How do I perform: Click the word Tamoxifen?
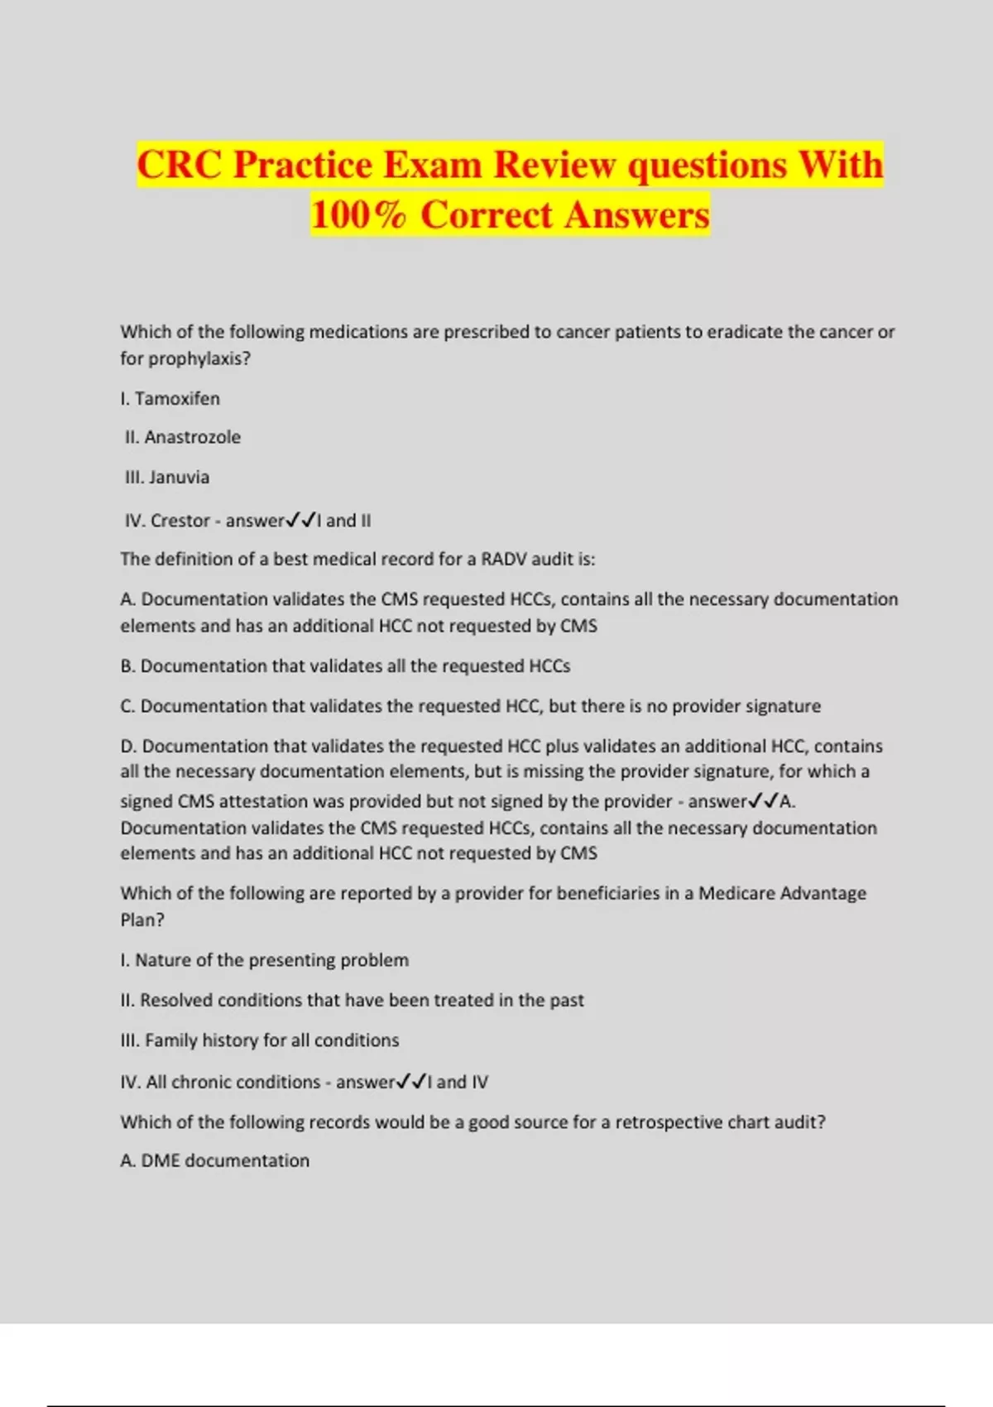pyautogui.click(x=177, y=399)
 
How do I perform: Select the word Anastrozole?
pyautogui.click(x=192, y=437)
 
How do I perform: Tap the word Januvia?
pyautogui.click(x=179, y=478)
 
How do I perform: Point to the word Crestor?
pyautogui.click(x=180, y=521)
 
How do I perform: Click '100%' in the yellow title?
pyautogui.click(x=359, y=214)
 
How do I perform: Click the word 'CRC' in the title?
pyautogui.click(x=180, y=164)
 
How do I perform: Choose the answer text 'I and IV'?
pyautogui.click(x=458, y=1082)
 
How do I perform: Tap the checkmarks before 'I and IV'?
pyautogui.click(x=412, y=1082)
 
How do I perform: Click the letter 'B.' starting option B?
pyautogui.click(x=128, y=666)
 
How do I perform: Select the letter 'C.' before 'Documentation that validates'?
pyautogui.click(x=128, y=706)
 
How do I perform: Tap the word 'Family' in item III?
pyautogui.click(x=170, y=1040)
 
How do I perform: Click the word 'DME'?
pyautogui.click(x=160, y=1161)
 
